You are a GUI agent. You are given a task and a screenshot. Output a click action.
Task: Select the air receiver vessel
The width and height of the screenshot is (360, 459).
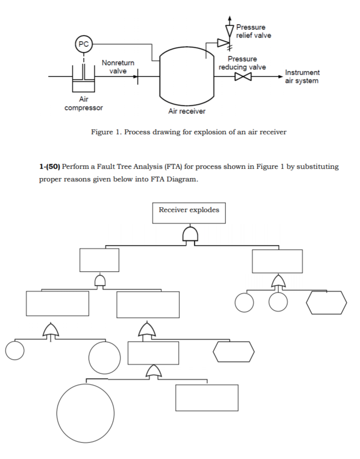187,73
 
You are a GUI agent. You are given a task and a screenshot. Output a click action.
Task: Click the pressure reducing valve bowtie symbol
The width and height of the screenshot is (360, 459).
241,77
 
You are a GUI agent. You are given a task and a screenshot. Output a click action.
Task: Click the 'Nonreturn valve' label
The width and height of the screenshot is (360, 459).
118,67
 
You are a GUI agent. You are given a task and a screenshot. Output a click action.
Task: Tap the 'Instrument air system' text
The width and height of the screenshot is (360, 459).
302,76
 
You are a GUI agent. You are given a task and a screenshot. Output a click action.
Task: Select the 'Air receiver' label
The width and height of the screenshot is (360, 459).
187,111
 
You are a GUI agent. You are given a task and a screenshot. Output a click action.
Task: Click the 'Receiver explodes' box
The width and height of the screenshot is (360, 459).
189,213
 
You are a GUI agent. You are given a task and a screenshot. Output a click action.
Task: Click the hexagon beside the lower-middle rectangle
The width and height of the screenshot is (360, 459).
234,352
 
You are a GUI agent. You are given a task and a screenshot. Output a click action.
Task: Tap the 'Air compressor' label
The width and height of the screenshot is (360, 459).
84,104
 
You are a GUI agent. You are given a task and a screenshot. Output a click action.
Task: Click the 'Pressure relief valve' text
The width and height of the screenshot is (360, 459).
254,31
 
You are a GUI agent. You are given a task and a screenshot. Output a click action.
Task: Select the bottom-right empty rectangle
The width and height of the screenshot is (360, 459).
207,398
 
